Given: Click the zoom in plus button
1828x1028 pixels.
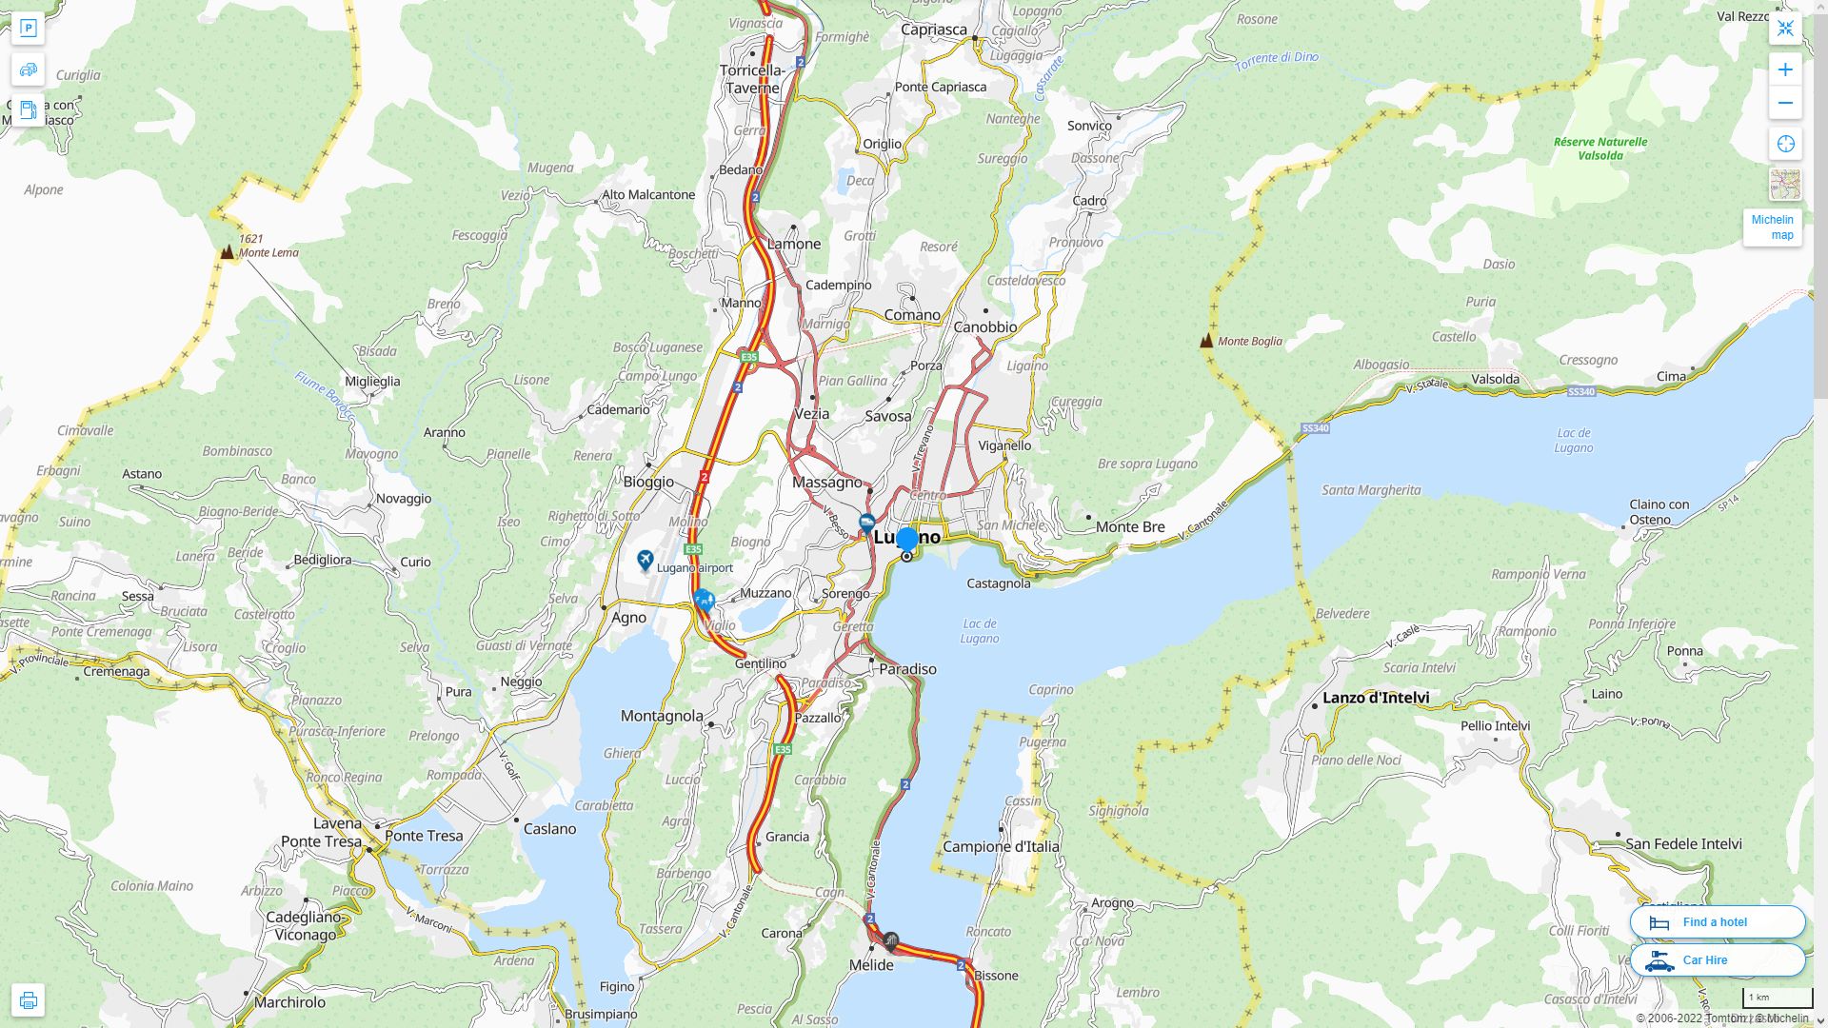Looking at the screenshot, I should point(1785,69).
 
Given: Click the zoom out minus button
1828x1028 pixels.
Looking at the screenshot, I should point(1785,103).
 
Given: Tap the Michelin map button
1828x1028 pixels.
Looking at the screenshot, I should point(1772,227).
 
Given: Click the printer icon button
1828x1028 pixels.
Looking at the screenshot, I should point(28,1000).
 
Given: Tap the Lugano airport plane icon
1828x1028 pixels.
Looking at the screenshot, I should point(646,560).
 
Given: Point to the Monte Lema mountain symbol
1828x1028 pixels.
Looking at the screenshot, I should point(227,252).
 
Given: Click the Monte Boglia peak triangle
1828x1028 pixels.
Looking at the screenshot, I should point(1206,340).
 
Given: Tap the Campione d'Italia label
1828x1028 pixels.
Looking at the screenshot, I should point(1001,846).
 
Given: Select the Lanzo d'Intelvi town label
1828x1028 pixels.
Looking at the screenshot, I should point(1376,698).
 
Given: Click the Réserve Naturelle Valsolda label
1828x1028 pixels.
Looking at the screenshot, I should point(1599,148).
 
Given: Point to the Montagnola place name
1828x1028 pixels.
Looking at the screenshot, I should point(662,716).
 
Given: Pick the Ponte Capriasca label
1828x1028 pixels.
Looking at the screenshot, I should point(941,87).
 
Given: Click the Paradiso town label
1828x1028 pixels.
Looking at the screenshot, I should point(907,669).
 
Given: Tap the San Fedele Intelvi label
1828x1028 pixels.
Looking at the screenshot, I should point(1683,843).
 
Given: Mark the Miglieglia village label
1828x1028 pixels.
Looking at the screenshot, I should point(372,381).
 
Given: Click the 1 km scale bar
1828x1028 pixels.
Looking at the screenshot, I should point(1778,998).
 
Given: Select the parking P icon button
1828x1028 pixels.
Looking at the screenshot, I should point(28,29).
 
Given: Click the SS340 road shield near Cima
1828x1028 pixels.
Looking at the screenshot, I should point(1580,391).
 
